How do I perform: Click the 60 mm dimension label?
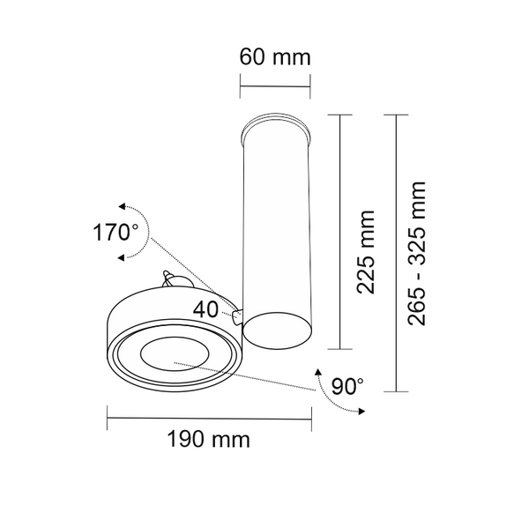tap(275, 58)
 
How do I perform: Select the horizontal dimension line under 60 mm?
tap(275, 86)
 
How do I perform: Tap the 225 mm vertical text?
tap(364, 251)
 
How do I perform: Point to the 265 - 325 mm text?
tap(417, 253)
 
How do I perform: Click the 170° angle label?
tap(116, 234)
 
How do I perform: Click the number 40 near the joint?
tap(209, 309)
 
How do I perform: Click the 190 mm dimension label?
tap(208, 438)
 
